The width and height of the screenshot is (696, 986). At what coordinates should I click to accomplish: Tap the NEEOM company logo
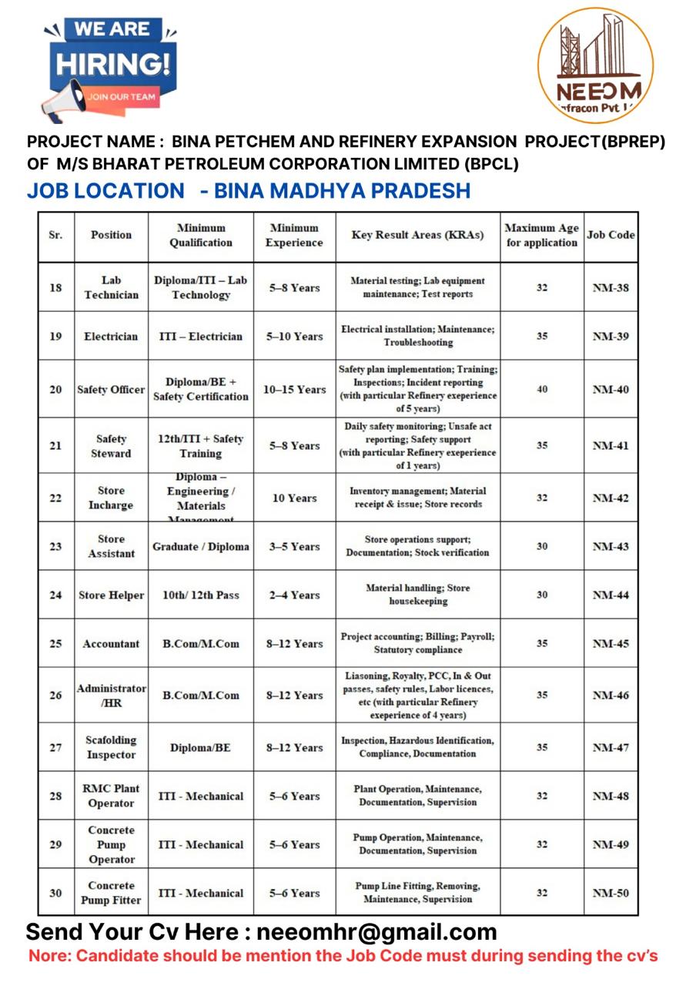pyautogui.click(x=595, y=65)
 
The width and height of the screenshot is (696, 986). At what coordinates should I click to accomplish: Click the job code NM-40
pyautogui.click(x=611, y=390)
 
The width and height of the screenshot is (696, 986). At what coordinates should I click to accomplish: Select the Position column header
pyautogui.click(x=111, y=235)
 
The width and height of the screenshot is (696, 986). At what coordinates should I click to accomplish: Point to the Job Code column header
pyautogui.click(x=611, y=235)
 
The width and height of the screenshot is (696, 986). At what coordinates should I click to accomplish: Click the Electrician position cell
pyautogui.click(x=111, y=337)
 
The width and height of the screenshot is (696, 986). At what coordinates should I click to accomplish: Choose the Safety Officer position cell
pyautogui.click(x=111, y=390)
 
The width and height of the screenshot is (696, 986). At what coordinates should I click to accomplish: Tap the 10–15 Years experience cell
pyautogui.click(x=294, y=390)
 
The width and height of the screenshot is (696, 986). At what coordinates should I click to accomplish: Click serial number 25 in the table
pyautogui.click(x=55, y=644)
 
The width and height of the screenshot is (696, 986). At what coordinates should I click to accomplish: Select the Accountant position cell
pyautogui.click(x=111, y=644)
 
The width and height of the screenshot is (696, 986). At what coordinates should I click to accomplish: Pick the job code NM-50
pyautogui.click(x=611, y=894)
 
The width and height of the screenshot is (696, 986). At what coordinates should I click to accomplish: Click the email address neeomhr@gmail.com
pyautogui.click(x=376, y=932)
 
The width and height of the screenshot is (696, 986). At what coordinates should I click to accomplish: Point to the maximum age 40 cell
pyautogui.click(x=542, y=390)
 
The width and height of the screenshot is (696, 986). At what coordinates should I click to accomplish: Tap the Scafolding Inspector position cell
pyautogui.click(x=111, y=747)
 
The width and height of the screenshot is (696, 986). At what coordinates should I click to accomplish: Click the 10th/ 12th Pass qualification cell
pyautogui.click(x=200, y=595)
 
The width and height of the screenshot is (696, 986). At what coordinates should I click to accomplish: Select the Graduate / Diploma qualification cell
pyautogui.click(x=200, y=547)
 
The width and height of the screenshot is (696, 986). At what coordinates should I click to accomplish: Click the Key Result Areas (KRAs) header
pyautogui.click(x=417, y=235)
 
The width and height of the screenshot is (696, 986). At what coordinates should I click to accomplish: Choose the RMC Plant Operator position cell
pyautogui.click(x=111, y=796)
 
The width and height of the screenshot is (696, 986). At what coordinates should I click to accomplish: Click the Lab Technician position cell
pyautogui.click(x=111, y=287)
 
